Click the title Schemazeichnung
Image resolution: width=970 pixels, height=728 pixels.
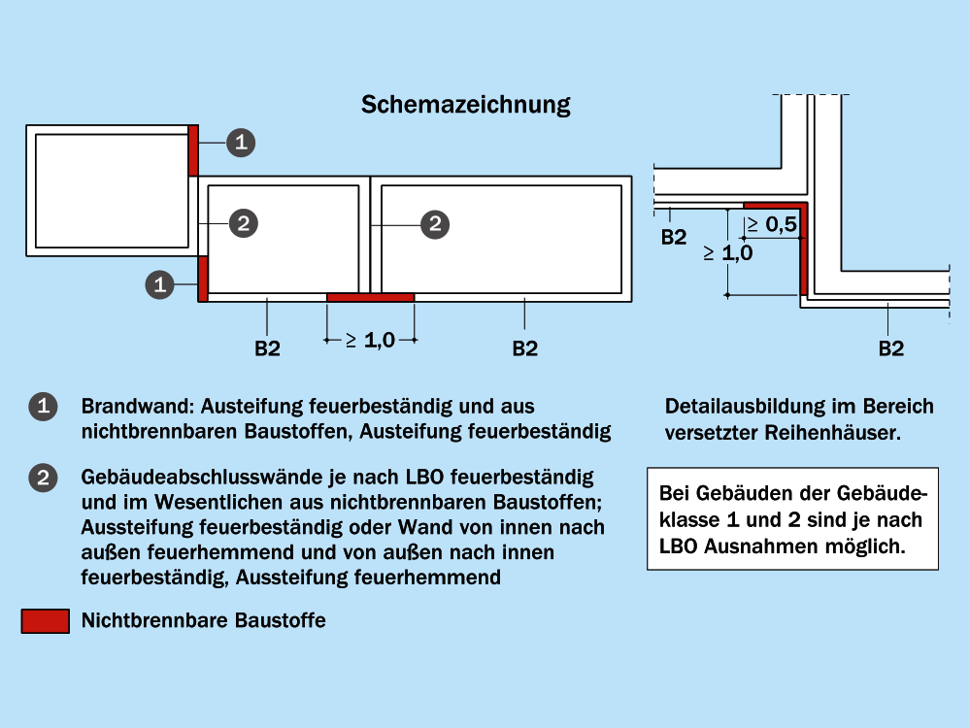coord(465,105)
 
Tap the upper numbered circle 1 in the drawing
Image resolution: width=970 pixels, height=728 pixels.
coord(241,143)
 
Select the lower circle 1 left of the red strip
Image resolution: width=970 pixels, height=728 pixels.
coord(160,284)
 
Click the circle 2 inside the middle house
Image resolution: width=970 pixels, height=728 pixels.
coord(244,223)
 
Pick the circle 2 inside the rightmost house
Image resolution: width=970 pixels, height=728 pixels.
coord(435,223)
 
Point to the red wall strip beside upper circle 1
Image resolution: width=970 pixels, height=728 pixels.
coord(193,149)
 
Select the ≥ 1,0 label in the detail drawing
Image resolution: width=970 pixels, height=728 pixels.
coord(728,253)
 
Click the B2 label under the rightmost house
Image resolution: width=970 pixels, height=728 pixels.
coord(524,348)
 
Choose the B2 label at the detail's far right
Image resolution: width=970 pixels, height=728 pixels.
coord(890,348)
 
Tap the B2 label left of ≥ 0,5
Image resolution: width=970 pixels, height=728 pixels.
coord(674,238)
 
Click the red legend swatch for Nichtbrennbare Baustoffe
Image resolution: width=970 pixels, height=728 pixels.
coord(45,621)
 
